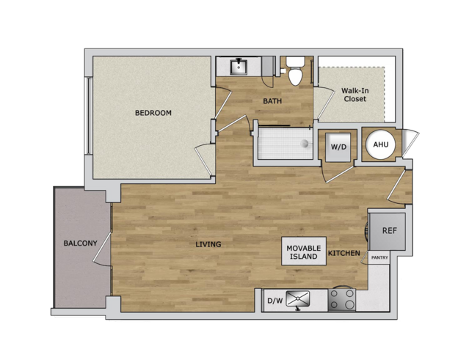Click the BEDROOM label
coord(153,113)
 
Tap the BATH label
coord(272,101)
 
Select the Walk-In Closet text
coord(355,95)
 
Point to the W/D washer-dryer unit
coord(338,147)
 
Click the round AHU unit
coord(381,144)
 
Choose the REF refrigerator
coord(388,232)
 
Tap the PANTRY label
coord(379,257)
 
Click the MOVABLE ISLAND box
coord(304,251)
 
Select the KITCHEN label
coord(344,253)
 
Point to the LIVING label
coord(208,244)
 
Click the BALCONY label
coord(81,243)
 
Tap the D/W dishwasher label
coord(275,301)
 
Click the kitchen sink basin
coord(297,298)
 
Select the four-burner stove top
coord(341,300)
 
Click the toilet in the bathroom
coord(295,71)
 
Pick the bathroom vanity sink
coord(239,67)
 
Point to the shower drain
coord(305,144)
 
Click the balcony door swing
coord(103,249)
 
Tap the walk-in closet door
coord(324,103)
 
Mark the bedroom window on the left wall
coord(89,116)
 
